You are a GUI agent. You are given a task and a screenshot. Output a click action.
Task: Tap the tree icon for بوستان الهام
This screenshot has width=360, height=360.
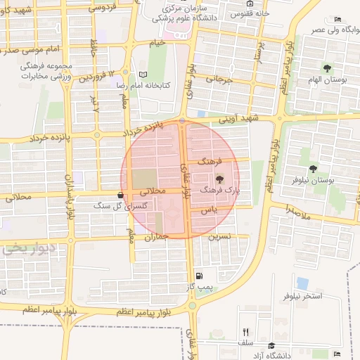coord(327,68)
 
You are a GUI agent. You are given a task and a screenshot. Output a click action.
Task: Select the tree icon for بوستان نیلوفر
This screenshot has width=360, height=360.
coord(312,169)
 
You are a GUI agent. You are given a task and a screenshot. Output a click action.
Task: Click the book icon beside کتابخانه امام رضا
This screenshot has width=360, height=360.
coord(143,75)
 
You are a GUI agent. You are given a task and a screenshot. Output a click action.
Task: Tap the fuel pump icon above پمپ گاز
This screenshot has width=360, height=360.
coord(200,276)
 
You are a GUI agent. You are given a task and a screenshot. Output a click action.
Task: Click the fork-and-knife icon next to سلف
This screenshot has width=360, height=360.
coord(245,332)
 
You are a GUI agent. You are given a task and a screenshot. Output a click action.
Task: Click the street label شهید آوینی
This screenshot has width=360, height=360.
coord(238,120)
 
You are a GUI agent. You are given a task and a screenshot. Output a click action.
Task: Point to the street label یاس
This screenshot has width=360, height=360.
coord(207,210)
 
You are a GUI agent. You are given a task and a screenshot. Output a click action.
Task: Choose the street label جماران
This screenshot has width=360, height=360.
coord(158,237)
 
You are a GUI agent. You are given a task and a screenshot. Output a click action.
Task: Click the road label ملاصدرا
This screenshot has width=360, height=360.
coord(297,210)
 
